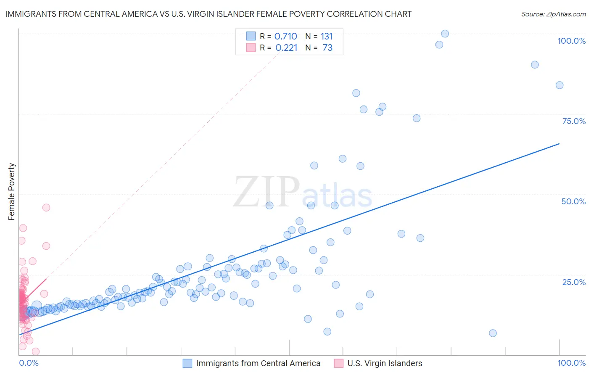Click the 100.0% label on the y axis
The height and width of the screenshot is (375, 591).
(571, 41)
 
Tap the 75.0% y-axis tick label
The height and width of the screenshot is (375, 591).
(574, 121)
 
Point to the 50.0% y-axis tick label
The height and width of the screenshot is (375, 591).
(573, 201)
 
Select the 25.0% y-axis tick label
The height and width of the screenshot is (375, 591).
(574, 282)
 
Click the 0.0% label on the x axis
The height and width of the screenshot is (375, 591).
(29, 363)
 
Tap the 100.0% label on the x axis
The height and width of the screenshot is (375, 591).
(571, 363)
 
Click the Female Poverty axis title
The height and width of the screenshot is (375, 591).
(12, 192)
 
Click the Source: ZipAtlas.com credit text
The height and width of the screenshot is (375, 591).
(553, 14)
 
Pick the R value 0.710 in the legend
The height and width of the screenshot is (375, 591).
(285, 37)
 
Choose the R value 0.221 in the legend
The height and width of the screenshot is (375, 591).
(286, 48)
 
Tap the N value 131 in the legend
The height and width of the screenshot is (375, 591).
(327, 37)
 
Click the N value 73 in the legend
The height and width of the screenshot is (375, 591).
(327, 48)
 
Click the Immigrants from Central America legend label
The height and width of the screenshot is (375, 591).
(258, 363)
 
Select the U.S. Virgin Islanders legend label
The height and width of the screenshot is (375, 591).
(385, 363)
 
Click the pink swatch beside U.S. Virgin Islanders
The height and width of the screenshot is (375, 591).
(338, 363)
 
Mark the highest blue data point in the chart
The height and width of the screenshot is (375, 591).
(445, 34)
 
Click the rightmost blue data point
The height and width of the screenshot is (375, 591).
(559, 85)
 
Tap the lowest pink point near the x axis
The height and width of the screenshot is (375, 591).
(36, 351)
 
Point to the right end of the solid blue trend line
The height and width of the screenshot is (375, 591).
(559, 144)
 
